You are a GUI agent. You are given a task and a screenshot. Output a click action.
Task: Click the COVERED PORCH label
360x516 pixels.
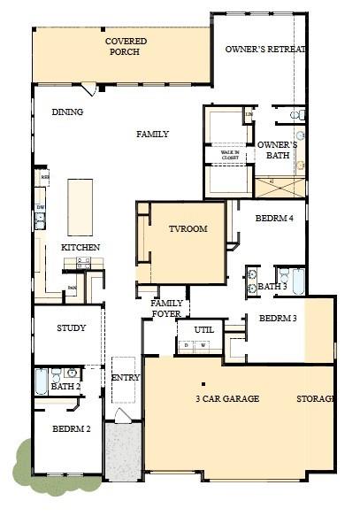pos(126,46)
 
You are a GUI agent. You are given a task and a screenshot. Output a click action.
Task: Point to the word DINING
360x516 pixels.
pos(67,112)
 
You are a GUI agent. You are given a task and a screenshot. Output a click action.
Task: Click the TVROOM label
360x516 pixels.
pos(188,229)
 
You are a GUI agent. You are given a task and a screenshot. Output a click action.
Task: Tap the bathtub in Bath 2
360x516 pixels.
pos(41,382)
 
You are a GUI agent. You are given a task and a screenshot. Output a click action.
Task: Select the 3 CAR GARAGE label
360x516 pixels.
pos(227,399)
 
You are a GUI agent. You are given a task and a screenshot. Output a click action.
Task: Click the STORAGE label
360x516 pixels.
pos(316,399)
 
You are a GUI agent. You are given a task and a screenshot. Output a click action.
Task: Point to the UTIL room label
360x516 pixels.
pos(204,330)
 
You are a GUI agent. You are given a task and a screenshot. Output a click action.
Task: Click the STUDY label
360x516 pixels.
pos(71,328)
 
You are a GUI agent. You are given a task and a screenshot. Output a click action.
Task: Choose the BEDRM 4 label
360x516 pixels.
pos(274,218)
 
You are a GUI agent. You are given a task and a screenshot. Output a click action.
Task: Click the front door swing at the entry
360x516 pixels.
pos(124,416)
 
